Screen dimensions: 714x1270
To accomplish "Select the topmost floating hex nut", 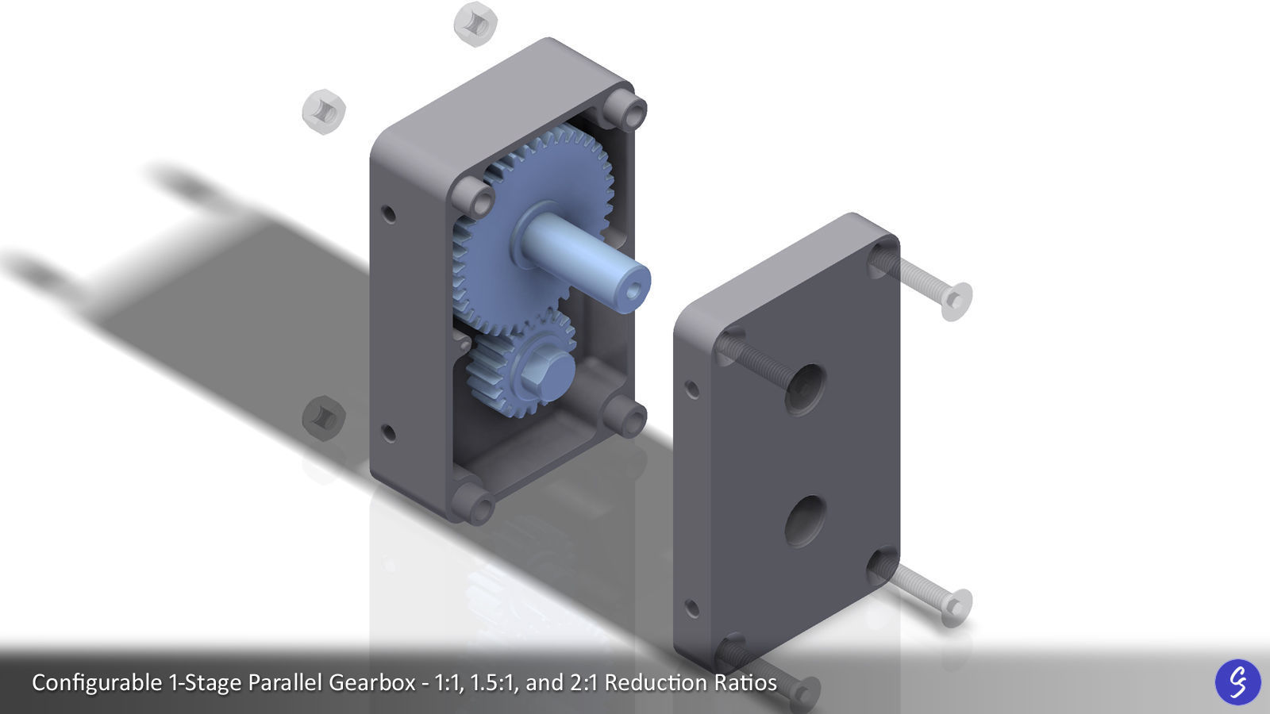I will [475, 23].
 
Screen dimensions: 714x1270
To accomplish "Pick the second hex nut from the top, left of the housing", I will [324, 110].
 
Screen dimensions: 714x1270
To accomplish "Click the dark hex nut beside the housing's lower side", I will [323, 416].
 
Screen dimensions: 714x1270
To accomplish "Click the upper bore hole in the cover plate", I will [805, 390].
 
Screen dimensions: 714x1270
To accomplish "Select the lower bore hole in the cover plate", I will [805, 520].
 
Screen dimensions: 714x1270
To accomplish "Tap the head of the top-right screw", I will [956, 301].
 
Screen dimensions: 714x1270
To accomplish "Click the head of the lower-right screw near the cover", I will [956, 606].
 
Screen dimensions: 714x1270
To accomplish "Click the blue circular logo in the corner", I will [1237, 681].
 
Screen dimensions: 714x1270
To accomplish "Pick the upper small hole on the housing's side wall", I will [388, 213].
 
